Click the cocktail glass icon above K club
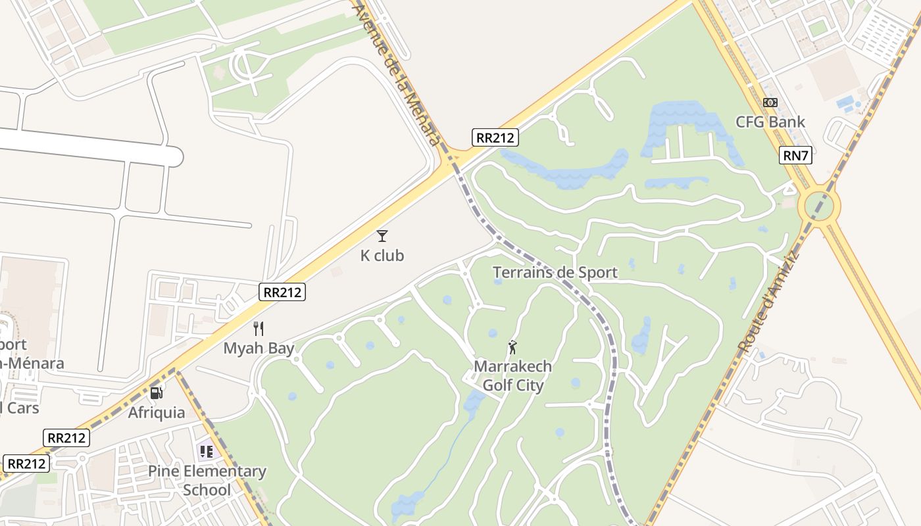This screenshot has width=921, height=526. [x=382, y=235]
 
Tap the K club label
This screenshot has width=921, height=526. [x=382, y=255]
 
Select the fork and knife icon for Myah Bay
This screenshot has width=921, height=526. [x=259, y=328]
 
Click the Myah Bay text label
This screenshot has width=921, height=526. [x=259, y=348]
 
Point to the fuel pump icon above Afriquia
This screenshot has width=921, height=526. [x=157, y=393]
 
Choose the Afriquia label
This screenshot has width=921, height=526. [x=157, y=413]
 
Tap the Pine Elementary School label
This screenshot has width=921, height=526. [x=207, y=481]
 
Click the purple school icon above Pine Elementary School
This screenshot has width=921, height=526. [x=207, y=451]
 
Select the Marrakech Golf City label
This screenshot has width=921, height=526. [x=513, y=375]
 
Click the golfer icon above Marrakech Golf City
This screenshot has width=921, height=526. [x=513, y=347]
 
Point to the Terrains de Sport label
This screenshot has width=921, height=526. [x=555, y=272]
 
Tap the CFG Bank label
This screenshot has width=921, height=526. [x=770, y=122]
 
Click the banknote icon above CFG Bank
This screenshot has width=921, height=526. [x=770, y=103]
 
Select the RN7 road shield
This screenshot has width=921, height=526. [x=796, y=156]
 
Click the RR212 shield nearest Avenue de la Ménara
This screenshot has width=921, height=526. [x=495, y=137]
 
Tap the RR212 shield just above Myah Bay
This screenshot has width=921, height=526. [x=283, y=292]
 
